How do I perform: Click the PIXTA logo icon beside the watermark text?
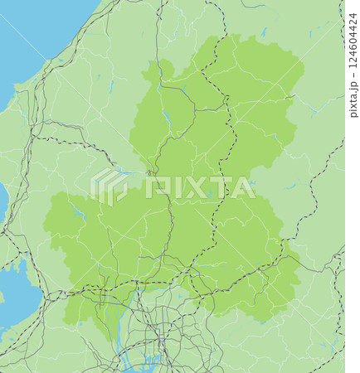pos(110,186)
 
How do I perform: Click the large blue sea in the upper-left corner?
pos(33,33)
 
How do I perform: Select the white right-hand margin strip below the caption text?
pos(353,249)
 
